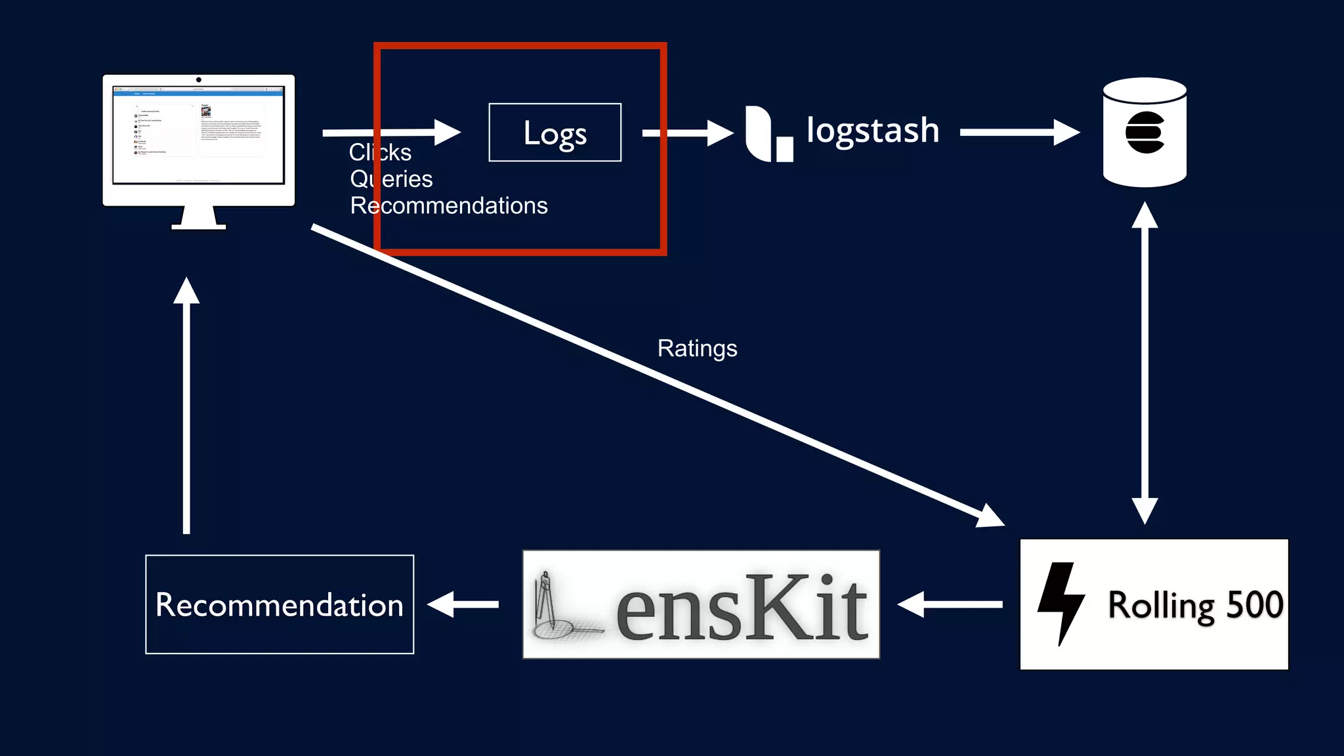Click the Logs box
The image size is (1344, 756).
(555, 133)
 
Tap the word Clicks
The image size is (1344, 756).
(380, 152)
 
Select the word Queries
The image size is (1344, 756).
(391, 179)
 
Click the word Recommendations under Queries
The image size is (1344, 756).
(449, 206)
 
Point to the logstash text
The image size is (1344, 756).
(872, 131)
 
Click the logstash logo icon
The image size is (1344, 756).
(768, 134)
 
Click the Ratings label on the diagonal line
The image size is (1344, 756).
(697, 348)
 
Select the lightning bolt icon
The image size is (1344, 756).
(1060, 603)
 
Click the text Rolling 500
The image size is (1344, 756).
(1195, 605)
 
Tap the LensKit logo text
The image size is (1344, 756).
(742, 606)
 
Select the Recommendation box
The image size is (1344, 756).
(280, 604)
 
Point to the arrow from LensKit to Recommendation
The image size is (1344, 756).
(463, 604)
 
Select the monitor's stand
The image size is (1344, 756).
(199, 218)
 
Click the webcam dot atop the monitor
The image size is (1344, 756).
(199, 80)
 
